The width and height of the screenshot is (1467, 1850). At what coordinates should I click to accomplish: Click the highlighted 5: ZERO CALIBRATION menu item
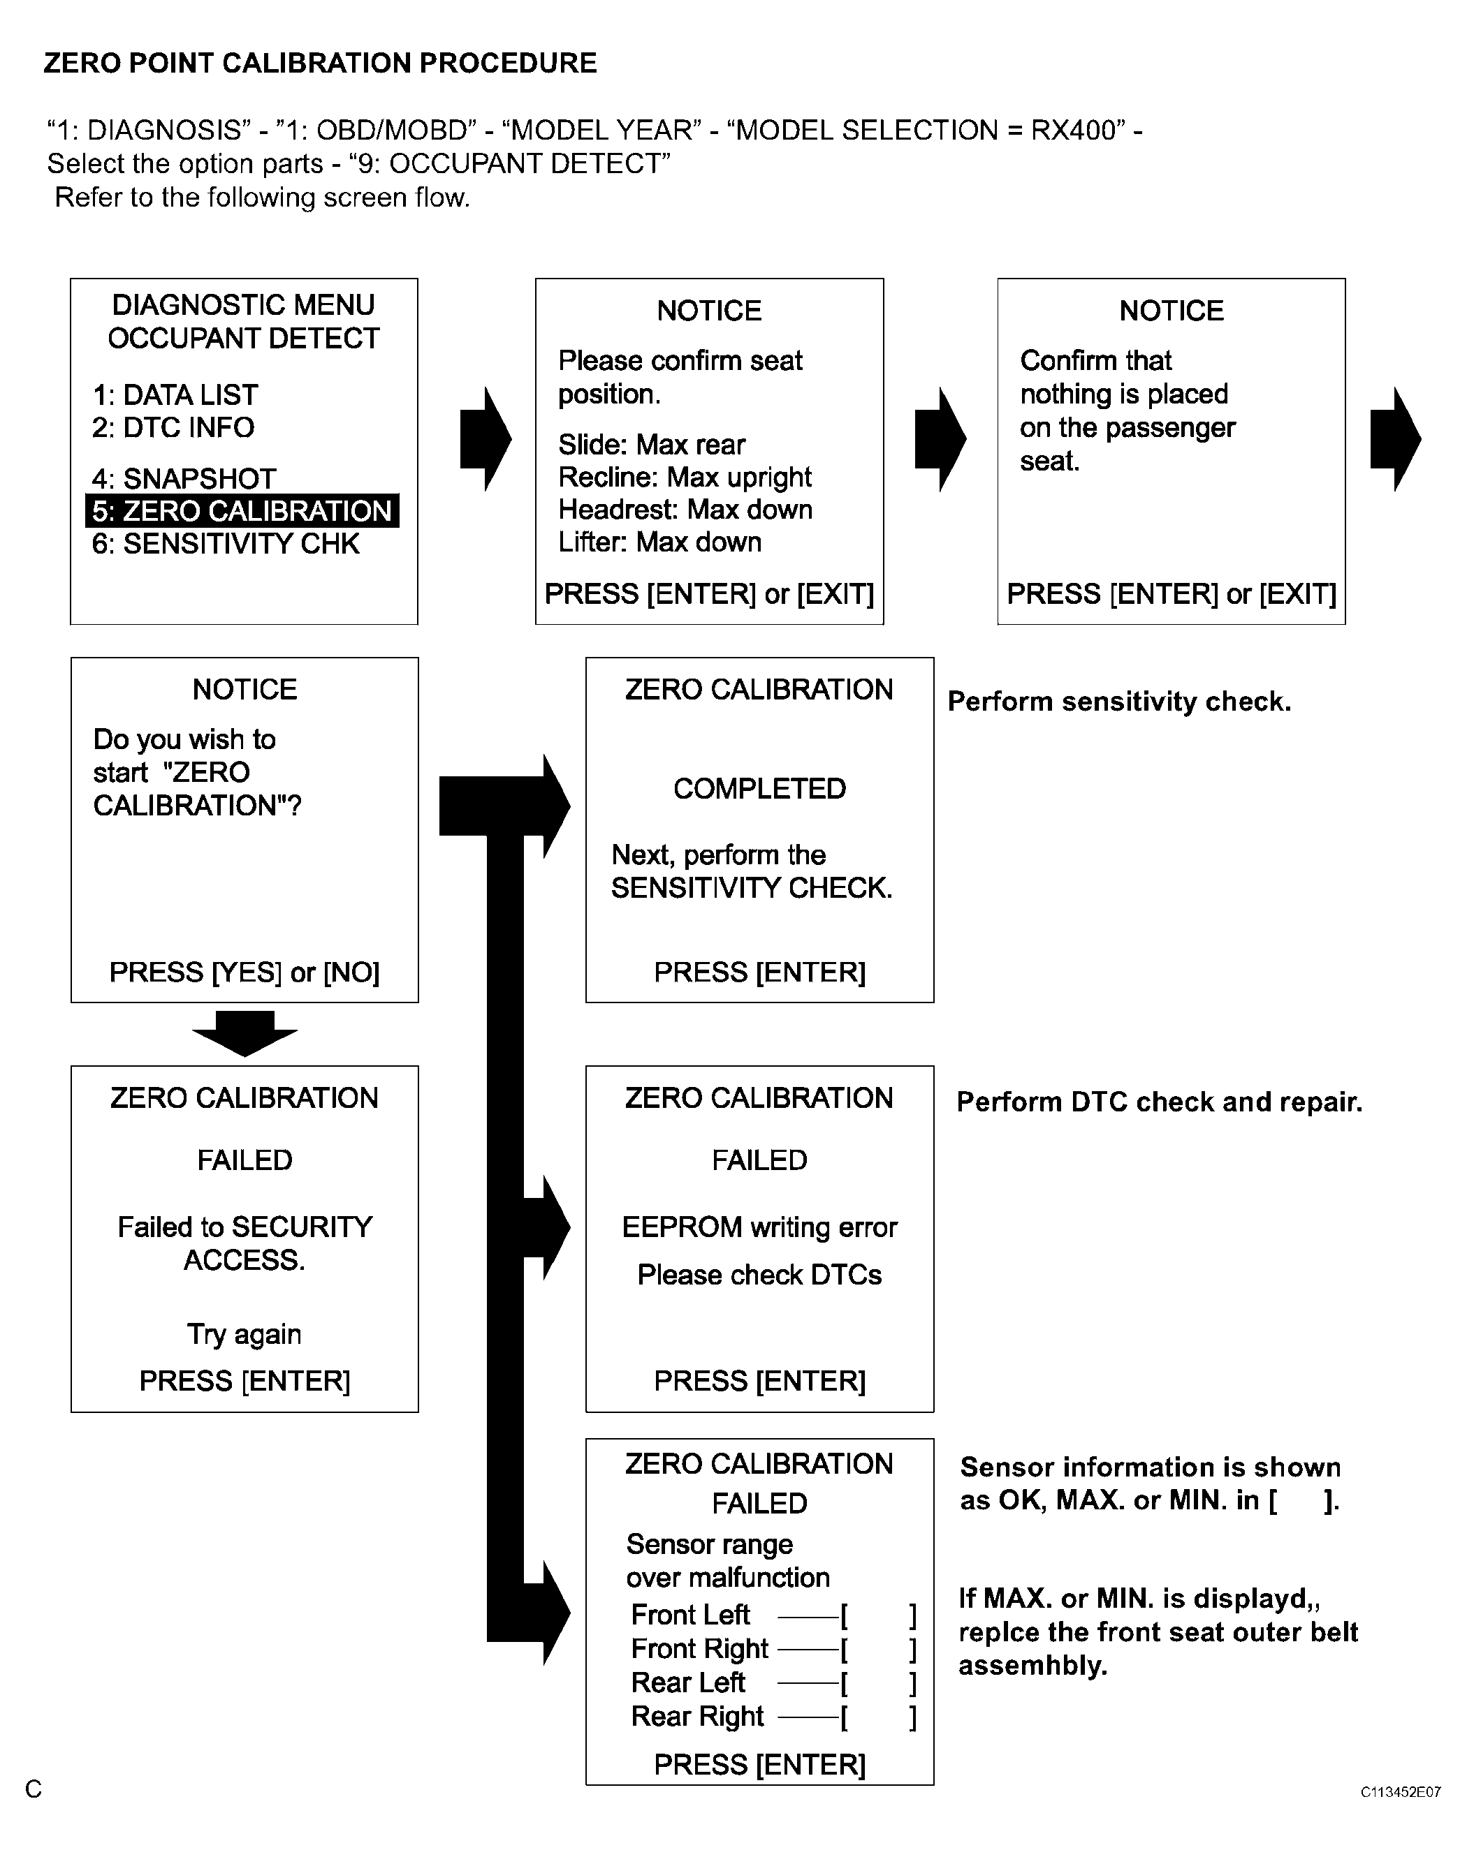click(x=242, y=510)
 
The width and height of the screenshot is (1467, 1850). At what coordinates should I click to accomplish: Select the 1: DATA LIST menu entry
click(x=175, y=394)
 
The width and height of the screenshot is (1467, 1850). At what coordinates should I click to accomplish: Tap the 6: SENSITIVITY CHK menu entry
click(x=226, y=543)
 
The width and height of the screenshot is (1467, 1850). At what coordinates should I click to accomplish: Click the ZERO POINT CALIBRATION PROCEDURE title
click(x=320, y=63)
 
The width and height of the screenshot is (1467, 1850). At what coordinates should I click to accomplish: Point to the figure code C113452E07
click(x=1400, y=1791)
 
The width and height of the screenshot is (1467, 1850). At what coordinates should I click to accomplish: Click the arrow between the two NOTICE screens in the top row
click(x=941, y=439)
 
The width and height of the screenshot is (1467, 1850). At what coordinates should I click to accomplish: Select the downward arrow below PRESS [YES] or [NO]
click(x=245, y=1033)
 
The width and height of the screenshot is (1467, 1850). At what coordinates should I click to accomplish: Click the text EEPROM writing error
click(x=759, y=1228)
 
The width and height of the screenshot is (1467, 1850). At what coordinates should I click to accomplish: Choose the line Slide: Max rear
click(x=652, y=445)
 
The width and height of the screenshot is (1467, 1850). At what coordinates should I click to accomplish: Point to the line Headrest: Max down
click(x=685, y=510)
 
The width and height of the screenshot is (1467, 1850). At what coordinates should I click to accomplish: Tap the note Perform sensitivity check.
click(x=1119, y=702)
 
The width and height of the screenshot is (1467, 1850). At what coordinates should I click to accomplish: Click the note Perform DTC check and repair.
click(x=1160, y=1102)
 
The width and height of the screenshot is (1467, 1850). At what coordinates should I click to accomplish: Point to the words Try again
click(x=245, y=1334)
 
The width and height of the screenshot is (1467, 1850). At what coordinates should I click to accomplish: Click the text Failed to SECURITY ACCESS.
click(x=245, y=1243)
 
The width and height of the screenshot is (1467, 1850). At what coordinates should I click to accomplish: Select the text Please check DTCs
click(x=759, y=1275)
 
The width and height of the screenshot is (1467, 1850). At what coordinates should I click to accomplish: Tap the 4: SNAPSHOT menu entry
click(x=184, y=478)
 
